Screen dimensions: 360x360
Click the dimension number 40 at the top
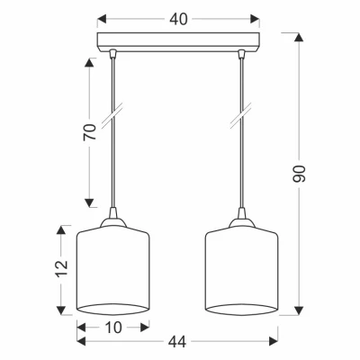pos(178,20)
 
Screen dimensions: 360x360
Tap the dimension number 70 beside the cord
pos(90,131)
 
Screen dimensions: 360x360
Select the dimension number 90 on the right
pos(299,174)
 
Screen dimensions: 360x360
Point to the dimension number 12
pos(62,268)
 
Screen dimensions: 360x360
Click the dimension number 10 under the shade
pos(113,328)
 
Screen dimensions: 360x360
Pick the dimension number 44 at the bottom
pos(177,342)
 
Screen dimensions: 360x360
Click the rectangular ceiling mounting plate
pos(178,42)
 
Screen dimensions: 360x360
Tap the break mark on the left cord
pos(112,115)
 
